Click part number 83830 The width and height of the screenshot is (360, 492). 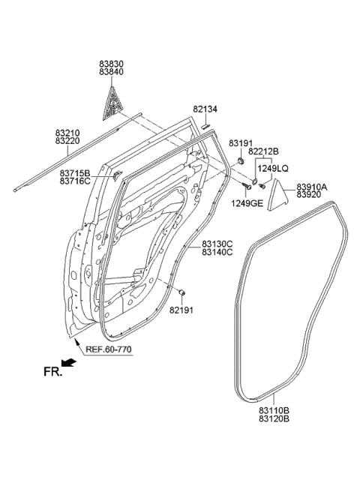click(113, 65)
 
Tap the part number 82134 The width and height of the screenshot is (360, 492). click(205, 109)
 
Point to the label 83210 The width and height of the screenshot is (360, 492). click(68, 133)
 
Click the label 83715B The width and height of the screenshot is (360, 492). click(76, 172)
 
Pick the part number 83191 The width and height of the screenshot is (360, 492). click(241, 142)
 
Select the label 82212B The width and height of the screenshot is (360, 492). click(264, 152)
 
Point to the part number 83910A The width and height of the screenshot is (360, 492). click(312, 186)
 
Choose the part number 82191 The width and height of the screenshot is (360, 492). click(180, 309)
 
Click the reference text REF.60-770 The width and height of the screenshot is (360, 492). click(109, 349)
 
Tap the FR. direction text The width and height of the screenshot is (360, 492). click(50, 370)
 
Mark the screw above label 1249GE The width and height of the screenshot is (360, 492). click(246, 185)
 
